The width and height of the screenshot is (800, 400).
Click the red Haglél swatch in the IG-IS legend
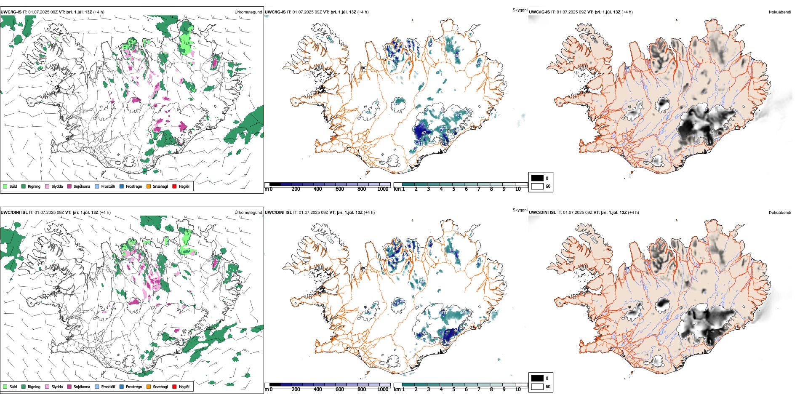(x=174, y=186)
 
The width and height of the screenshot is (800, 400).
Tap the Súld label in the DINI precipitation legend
(x=13, y=387)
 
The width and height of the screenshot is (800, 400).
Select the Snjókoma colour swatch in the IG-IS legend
(x=69, y=186)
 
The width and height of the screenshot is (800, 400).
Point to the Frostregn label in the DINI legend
(x=133, y=387)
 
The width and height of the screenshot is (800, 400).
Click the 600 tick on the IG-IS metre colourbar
(x=339, y=189)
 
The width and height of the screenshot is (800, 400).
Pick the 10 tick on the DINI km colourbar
(x=518, y=389)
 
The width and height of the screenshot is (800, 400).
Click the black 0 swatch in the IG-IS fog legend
(x=537, y=178)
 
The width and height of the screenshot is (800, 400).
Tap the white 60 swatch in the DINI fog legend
(x=537, y=387)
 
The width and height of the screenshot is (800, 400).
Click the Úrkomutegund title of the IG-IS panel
(x=248, y=12)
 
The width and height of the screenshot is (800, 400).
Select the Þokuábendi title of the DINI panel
(x=780, y=212)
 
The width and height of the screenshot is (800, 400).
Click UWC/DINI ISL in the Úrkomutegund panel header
(x=14, y=212)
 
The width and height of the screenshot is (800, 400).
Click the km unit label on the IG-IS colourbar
(x=397, y=189)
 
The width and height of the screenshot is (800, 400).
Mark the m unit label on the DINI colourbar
(x=266, y=389)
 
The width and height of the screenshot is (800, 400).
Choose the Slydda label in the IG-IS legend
(x=57, y=186)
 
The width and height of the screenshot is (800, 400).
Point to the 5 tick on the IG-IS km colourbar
(x=453, y=189)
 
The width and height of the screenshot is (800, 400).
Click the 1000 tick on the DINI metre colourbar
(x=383, y=389)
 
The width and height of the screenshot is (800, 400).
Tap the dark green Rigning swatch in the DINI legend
(x=24, y=387)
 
